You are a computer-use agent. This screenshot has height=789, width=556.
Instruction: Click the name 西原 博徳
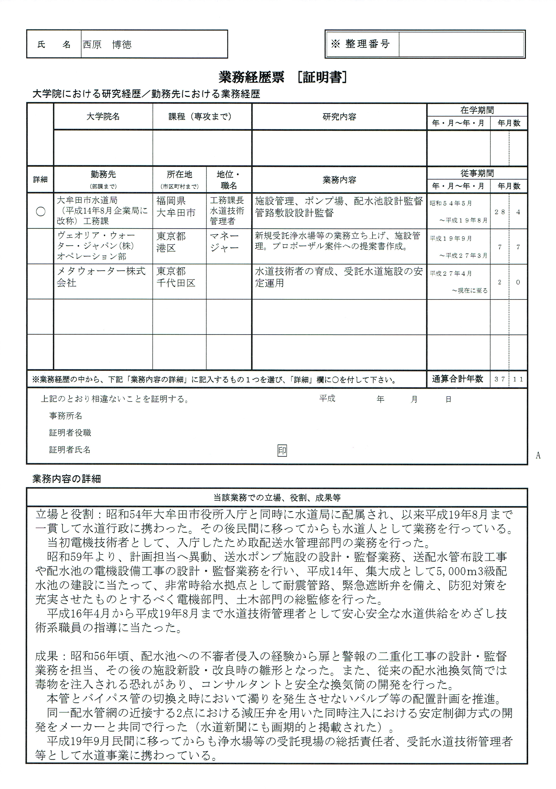click(107, 45)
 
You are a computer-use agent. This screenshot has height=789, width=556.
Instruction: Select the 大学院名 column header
click(103, 117)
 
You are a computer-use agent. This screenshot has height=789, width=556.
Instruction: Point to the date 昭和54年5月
click(451, 203)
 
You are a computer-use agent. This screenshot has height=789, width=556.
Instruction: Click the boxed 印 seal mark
click(282, 450)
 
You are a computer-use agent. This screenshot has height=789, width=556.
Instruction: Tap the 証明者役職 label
click(70, 433)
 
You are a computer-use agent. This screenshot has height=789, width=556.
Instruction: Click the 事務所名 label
click(66, 416)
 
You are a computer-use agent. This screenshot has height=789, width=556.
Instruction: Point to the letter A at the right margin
click(538, 455)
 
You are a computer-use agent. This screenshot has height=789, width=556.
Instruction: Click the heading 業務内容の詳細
click(67, 479)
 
